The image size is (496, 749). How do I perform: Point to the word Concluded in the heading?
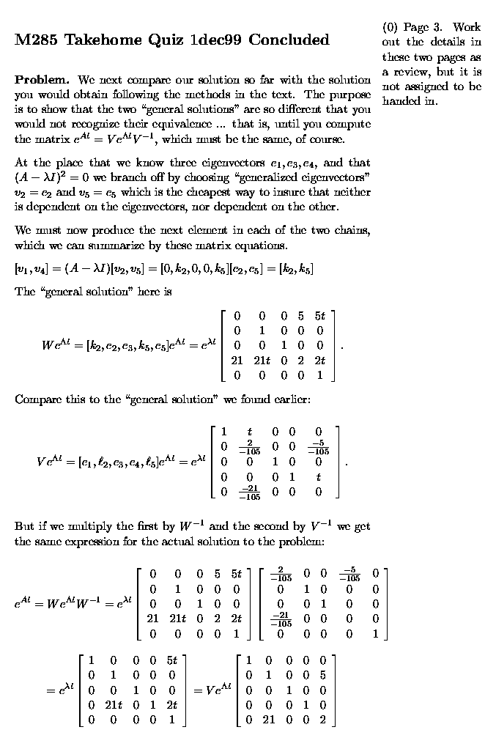pyautogui.click(x=289, y=40)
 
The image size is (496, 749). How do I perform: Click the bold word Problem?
pyautogui.click(x=42, y=79)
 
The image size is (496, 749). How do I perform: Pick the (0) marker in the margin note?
pyautogui.click(x=390, y=28)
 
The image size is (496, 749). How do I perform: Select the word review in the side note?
pyautogui.click(x=412, y=72)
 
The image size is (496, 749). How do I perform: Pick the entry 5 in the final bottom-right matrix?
pyautogui.click(x=322, y=675)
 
